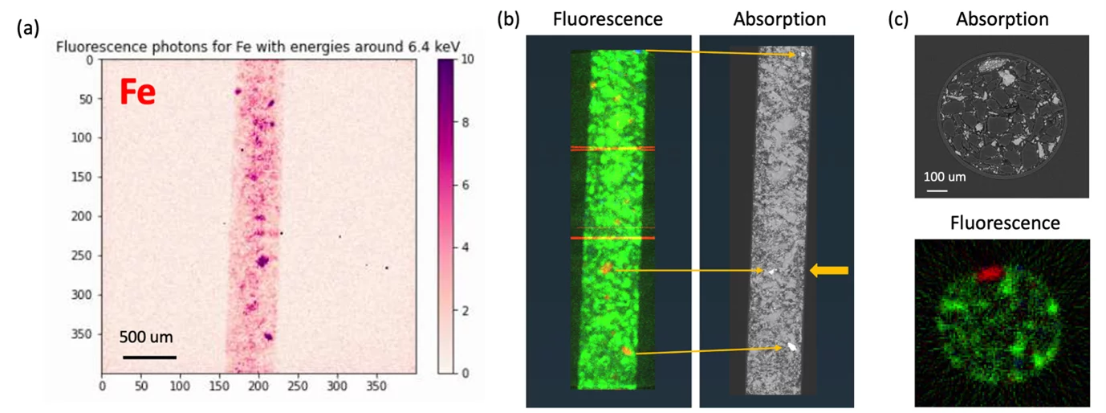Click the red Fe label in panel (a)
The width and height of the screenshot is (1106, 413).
137,92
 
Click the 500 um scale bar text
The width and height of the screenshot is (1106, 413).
147,337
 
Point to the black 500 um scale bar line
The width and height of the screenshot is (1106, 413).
148,356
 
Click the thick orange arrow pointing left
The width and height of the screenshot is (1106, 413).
828,272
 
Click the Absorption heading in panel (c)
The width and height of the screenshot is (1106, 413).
1002,18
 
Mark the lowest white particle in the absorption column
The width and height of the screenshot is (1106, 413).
794,347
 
